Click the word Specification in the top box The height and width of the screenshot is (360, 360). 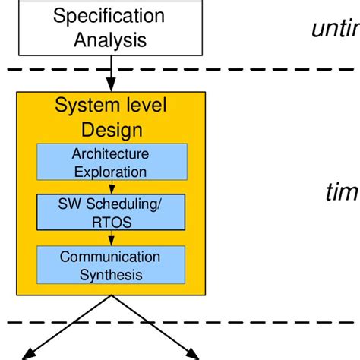108,15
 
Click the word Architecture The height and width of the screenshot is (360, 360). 111,153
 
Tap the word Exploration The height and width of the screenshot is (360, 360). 111,171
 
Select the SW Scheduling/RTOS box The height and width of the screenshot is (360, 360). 111,213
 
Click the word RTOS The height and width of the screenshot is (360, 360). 111,222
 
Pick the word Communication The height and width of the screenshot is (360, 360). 111,257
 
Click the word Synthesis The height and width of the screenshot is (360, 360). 111,274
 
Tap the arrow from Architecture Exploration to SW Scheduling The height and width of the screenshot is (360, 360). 111,187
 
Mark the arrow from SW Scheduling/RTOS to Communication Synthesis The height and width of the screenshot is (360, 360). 111,238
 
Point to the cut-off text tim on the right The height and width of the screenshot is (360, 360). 341,192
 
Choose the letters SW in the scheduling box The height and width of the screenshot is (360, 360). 69,204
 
